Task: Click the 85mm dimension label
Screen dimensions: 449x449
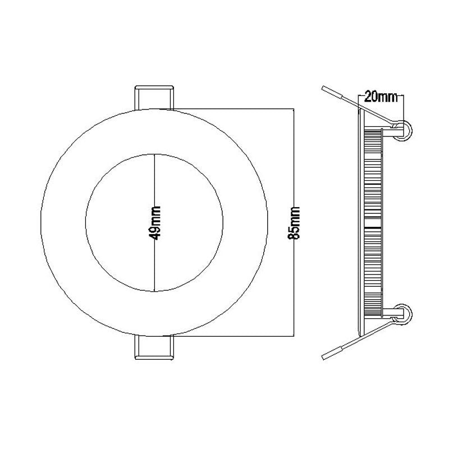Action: (x=294, y=223)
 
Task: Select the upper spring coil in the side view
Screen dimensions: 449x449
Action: (x=405, y=129)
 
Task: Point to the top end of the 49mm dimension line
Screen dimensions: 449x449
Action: (x=154, y=153)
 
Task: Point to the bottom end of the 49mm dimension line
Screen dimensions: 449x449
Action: (x=154, y=290)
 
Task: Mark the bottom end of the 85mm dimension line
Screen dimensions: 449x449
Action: (x=294, y=336)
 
